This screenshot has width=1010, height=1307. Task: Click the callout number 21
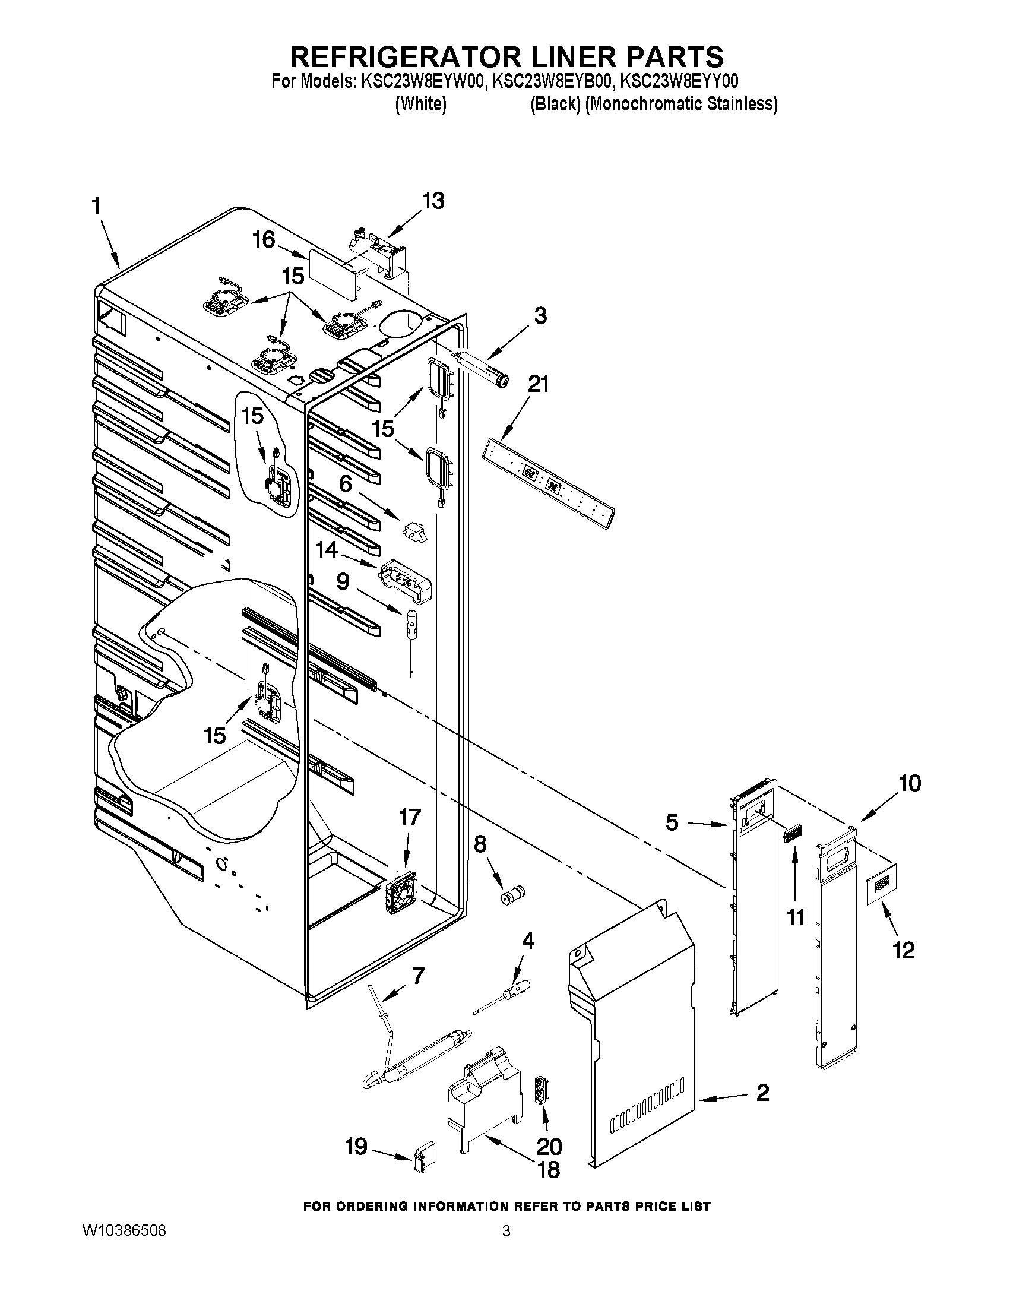point(537,384)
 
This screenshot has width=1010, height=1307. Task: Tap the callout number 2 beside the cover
point(762,1093)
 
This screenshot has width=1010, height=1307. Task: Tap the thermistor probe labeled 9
point(411,634)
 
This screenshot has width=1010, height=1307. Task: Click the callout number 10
point(910,783)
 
